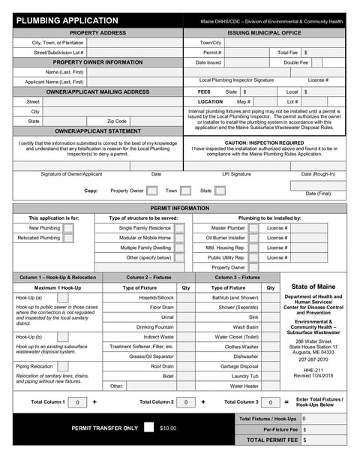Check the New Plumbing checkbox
pyautogui.click(x=68, y=228)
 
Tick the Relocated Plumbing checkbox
pyautogui.click(x=68, y=238)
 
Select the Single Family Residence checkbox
pyautogui.click(x=179, y=228)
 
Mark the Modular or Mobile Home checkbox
pyautogui.click(x=179, y=238)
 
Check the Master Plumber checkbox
pyautogui.click(x=253, y=228)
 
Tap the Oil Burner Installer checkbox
pyautogui.click(x=253, y=238)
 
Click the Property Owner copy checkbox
pyautogui.click(x=152, y=191)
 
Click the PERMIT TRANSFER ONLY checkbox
pyautogui.click(x=149, y=427)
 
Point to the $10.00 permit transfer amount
pyautogui.click(x=168, y=428)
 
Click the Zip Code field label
pyautogui.click(x=117, y=121)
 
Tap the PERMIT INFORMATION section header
pyautogui.click(x=180, y=207)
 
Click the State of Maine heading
pyautogui.click(x=313, y=287)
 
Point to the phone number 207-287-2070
pyautogui.click(x=313, y=359)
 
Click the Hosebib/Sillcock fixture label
pyautogui.click(x=156, y=297)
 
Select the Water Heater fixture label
pyautogui.click(x=245, y=386)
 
